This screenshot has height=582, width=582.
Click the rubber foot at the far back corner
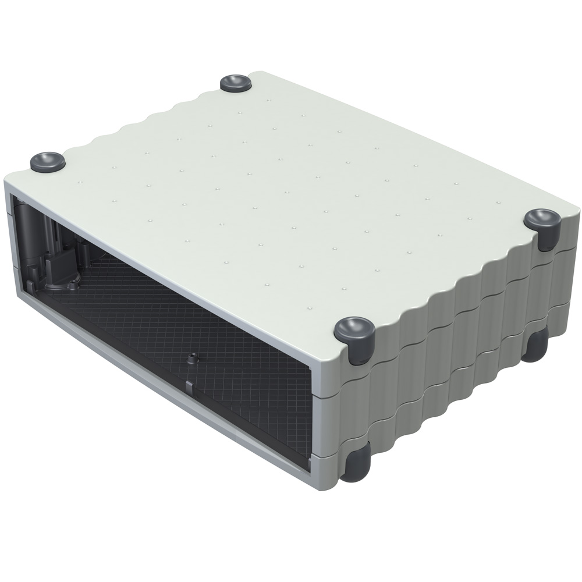point(236,83)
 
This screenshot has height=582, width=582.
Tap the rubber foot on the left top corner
point(48,161)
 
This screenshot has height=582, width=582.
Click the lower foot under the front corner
point(356,466)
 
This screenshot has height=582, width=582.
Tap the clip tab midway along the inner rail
point(189,386)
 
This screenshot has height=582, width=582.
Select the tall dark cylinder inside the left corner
point(29,233)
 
